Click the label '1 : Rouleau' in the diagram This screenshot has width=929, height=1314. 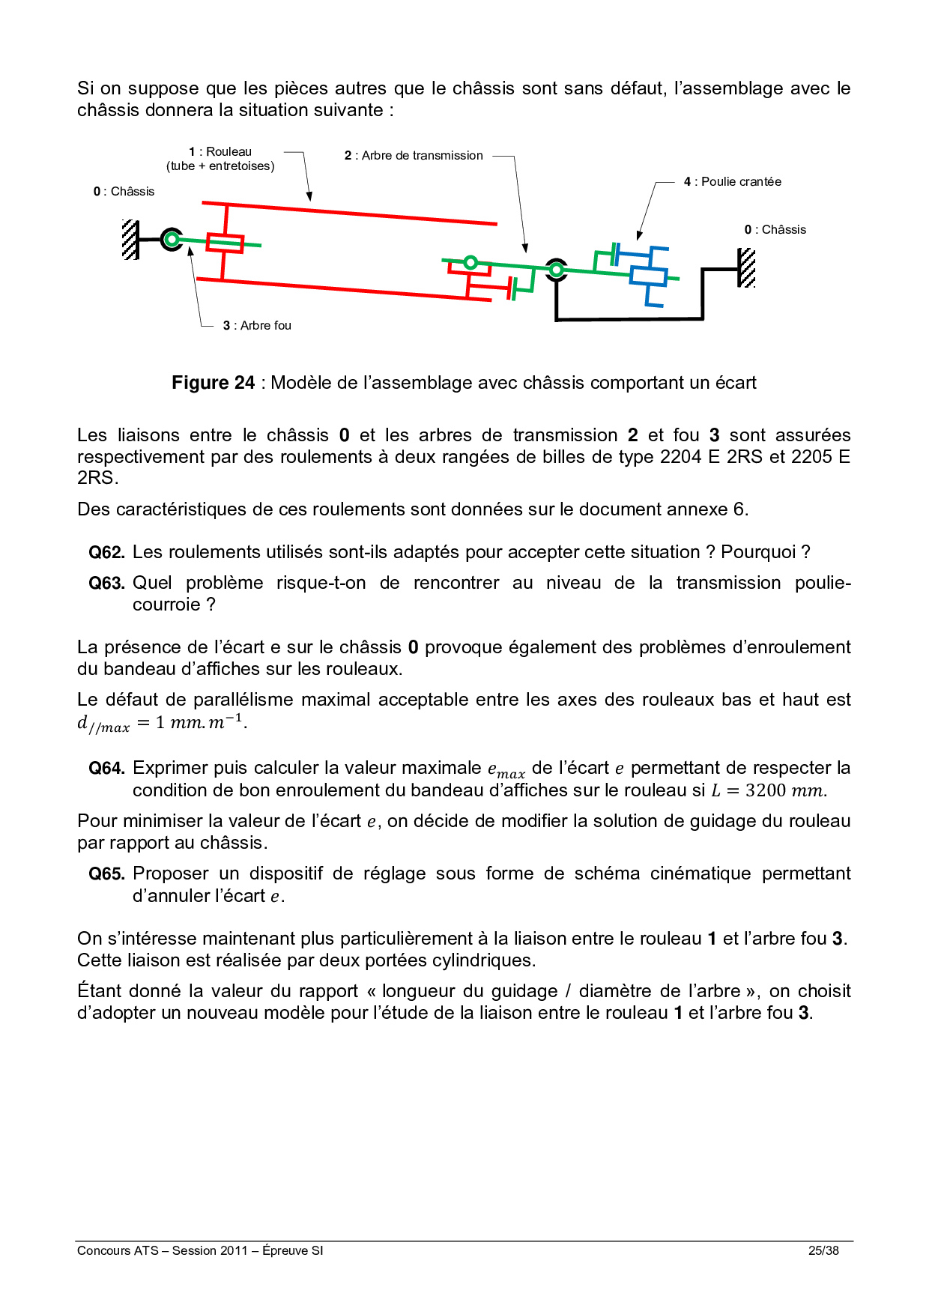[x=220, y=152]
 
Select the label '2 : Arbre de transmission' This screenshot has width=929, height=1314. [x=414, y=156]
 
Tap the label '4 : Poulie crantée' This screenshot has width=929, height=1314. [x=732, y=182]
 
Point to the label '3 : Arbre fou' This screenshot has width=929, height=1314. [x=257, y=326]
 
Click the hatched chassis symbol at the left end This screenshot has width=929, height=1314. [x=130, y=240]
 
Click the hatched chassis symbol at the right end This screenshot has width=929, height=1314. [x=746, y=268]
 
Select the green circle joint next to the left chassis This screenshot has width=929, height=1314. [x=172, y=240]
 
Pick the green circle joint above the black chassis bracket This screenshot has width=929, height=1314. [x=556, y=269]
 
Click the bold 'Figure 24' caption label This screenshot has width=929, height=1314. [x=214, y=383]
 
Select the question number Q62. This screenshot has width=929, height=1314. [x=106, y=553]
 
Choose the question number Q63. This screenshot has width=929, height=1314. [x=106, y=584]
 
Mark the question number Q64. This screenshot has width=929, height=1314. [x=106, y=769]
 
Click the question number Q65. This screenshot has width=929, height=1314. [x=106, y=874]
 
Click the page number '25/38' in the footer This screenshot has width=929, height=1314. [x=823, y=1250]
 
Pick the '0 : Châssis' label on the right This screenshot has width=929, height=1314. [x=775, y=230]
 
